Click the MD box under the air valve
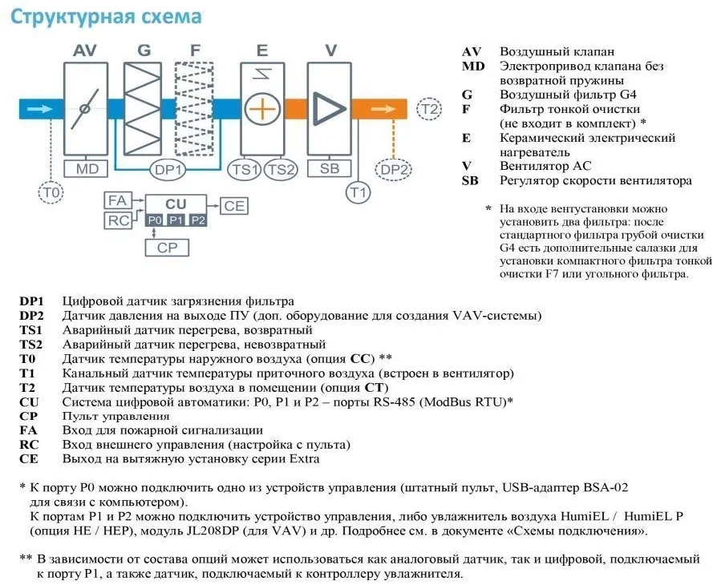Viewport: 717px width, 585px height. [86, 168]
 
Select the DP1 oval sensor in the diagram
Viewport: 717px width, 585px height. [168, 170]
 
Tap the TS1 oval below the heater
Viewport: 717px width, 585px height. [245, 170]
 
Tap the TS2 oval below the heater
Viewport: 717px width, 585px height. [281, 170]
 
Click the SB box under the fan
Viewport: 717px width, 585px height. [330, 168]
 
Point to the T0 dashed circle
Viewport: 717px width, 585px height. [51, 192]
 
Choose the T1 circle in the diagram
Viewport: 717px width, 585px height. [358, 192]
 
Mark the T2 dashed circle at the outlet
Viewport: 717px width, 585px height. [429, 109]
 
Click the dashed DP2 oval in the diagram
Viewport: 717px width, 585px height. [393, 170]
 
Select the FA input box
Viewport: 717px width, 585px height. [118, 200]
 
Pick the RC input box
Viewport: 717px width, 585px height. [118, 220]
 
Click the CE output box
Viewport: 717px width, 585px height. [234, 206]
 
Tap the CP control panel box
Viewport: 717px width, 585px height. [167, 248]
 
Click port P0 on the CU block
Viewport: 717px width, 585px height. [155, 220]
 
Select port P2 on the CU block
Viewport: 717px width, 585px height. [198, 220]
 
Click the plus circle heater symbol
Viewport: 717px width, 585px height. [262, 110]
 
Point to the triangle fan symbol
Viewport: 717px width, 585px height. [328, 109]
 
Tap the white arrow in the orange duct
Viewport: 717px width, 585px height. [383, 109]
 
